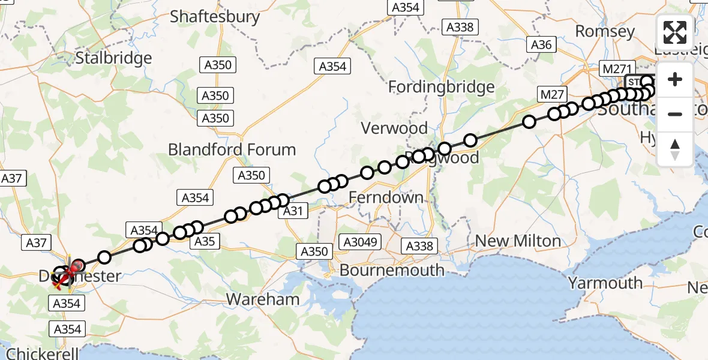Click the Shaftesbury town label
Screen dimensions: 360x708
(215, 16)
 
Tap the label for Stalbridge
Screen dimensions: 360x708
(113, 58)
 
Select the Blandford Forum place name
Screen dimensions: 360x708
(232, 149)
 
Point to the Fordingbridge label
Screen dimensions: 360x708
(441, 87)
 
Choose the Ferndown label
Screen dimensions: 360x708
(386, 197)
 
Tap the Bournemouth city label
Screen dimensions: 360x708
(392, 270)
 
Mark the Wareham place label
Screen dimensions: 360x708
(263, 299)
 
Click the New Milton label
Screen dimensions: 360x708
(518, 241)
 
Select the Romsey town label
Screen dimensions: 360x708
(605, 31)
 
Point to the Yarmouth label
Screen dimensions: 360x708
(605, 283)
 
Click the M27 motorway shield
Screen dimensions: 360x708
(552, 94)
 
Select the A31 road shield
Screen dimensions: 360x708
(292, 210)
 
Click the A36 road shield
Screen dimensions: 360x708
(541, 44)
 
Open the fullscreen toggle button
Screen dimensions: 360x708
(675, 32)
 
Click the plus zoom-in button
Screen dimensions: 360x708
(675, 80)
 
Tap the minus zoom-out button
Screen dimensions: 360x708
(675, 114)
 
